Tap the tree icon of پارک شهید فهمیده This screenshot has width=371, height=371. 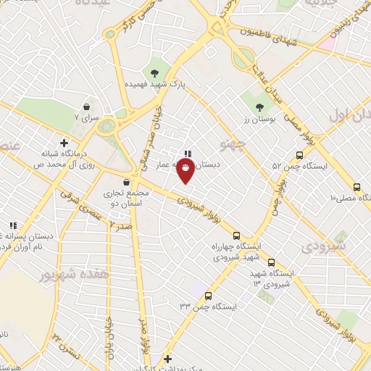pyautogui.click(x=155, y=72)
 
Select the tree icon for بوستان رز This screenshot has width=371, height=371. pyautogui.click(x=260, y=107)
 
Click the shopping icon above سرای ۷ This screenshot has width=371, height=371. pyautogui.click(x=86, y=107)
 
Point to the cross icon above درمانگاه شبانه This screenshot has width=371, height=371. pyautogui.click(x=64, y=143)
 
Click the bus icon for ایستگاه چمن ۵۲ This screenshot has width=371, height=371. pyautogui.click(x=299, y=155)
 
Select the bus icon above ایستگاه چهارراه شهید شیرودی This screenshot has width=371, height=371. pyautogui.click(x=236, y=235)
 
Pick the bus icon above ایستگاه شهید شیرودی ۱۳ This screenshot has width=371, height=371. pyautogui.click(x=272, y=262)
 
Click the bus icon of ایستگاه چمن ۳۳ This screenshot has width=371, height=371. pyautogui.click(x=209, y=296)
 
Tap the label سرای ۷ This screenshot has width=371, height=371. pyautogui.click(x=86, y=117)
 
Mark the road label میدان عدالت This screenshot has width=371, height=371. pyautogui.click(x=265, y=78)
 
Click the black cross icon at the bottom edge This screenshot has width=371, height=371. pyautogui.click(x=167, y=359)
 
